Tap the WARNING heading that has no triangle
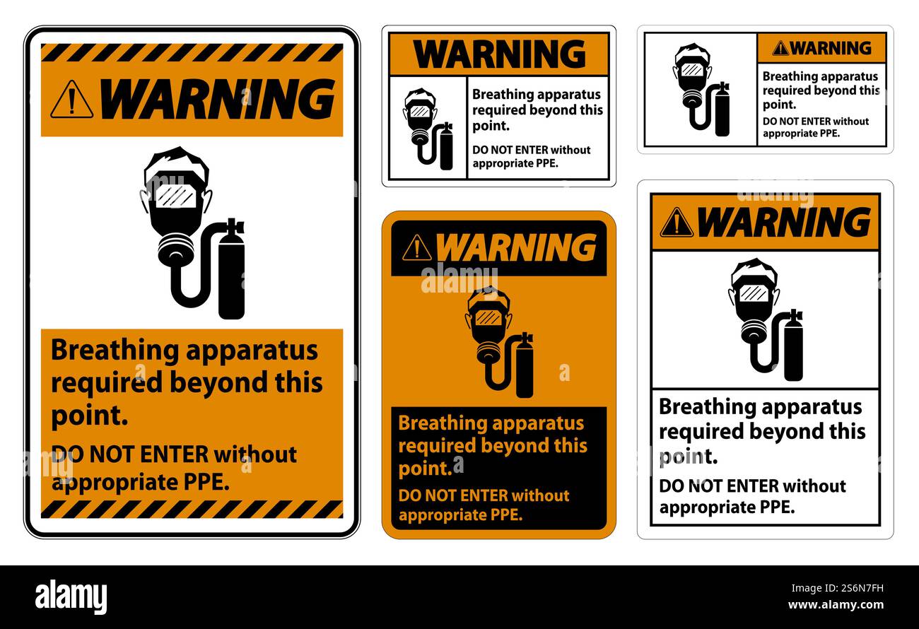499,54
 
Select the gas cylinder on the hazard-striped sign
231,276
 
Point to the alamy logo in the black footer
71,597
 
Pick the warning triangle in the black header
416,248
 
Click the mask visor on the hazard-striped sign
175,196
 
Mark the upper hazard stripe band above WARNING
192,52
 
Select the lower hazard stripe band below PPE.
192,509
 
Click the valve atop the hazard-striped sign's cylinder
234,227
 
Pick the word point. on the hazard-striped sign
89,416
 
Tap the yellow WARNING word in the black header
515,248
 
